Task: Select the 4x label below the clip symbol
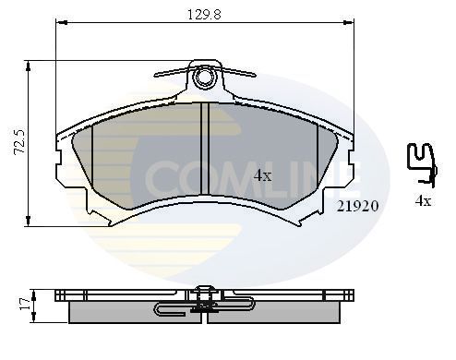423,200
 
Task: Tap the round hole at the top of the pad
207,75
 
